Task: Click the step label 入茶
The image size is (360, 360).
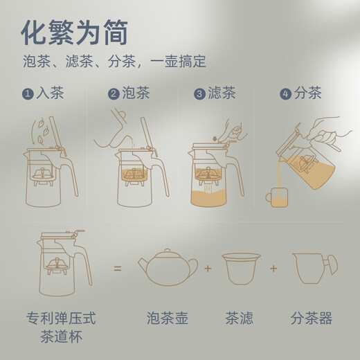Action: [51, 93]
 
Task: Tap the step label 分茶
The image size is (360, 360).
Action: [308, 93]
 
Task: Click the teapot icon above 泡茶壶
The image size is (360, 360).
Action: [166, 267]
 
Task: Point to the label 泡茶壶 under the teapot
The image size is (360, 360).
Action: [167, 318]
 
